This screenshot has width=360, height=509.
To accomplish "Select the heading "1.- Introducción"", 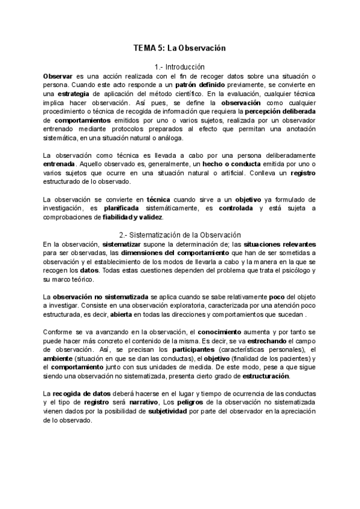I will [179, 67].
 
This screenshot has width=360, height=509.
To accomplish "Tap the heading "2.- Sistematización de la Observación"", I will [179, 235].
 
